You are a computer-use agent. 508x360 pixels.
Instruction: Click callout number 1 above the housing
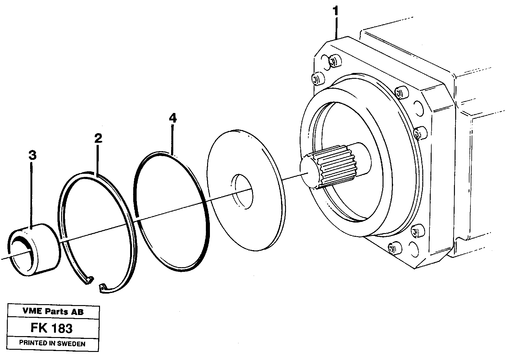click(335, 12)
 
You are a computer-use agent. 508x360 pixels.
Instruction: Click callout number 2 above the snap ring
click(98, 138)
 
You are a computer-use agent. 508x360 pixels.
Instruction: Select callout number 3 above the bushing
click(32, 155)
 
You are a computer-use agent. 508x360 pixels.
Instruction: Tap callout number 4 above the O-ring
click(173, 118)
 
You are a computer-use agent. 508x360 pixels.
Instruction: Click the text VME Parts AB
click(53, 312)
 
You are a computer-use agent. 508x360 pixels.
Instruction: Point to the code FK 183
click(52, 328)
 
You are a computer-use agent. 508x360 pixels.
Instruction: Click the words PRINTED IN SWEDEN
click(52, 343)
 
